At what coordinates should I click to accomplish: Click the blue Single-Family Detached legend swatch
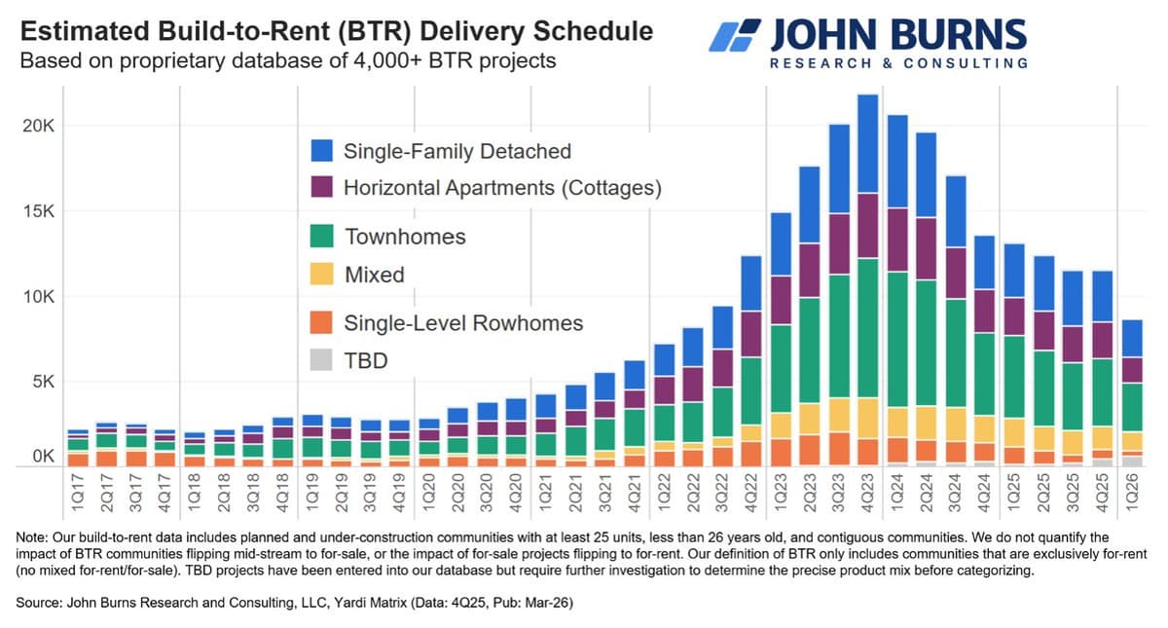point(322,151)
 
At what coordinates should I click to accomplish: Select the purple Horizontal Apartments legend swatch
point(322,187)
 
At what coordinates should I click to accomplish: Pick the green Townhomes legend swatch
point(322,237)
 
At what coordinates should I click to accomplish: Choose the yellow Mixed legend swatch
point(322,275)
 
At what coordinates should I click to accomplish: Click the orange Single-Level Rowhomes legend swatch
point(322,322)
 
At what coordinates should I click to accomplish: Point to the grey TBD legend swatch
point(322,360)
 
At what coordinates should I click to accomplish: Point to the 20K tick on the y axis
point(38,127)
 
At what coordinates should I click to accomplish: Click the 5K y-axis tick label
point(42,382)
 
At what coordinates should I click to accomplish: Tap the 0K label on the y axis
point(42,456)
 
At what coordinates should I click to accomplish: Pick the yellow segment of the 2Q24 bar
point(927,424)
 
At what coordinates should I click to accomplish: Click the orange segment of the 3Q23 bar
point(839,448)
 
